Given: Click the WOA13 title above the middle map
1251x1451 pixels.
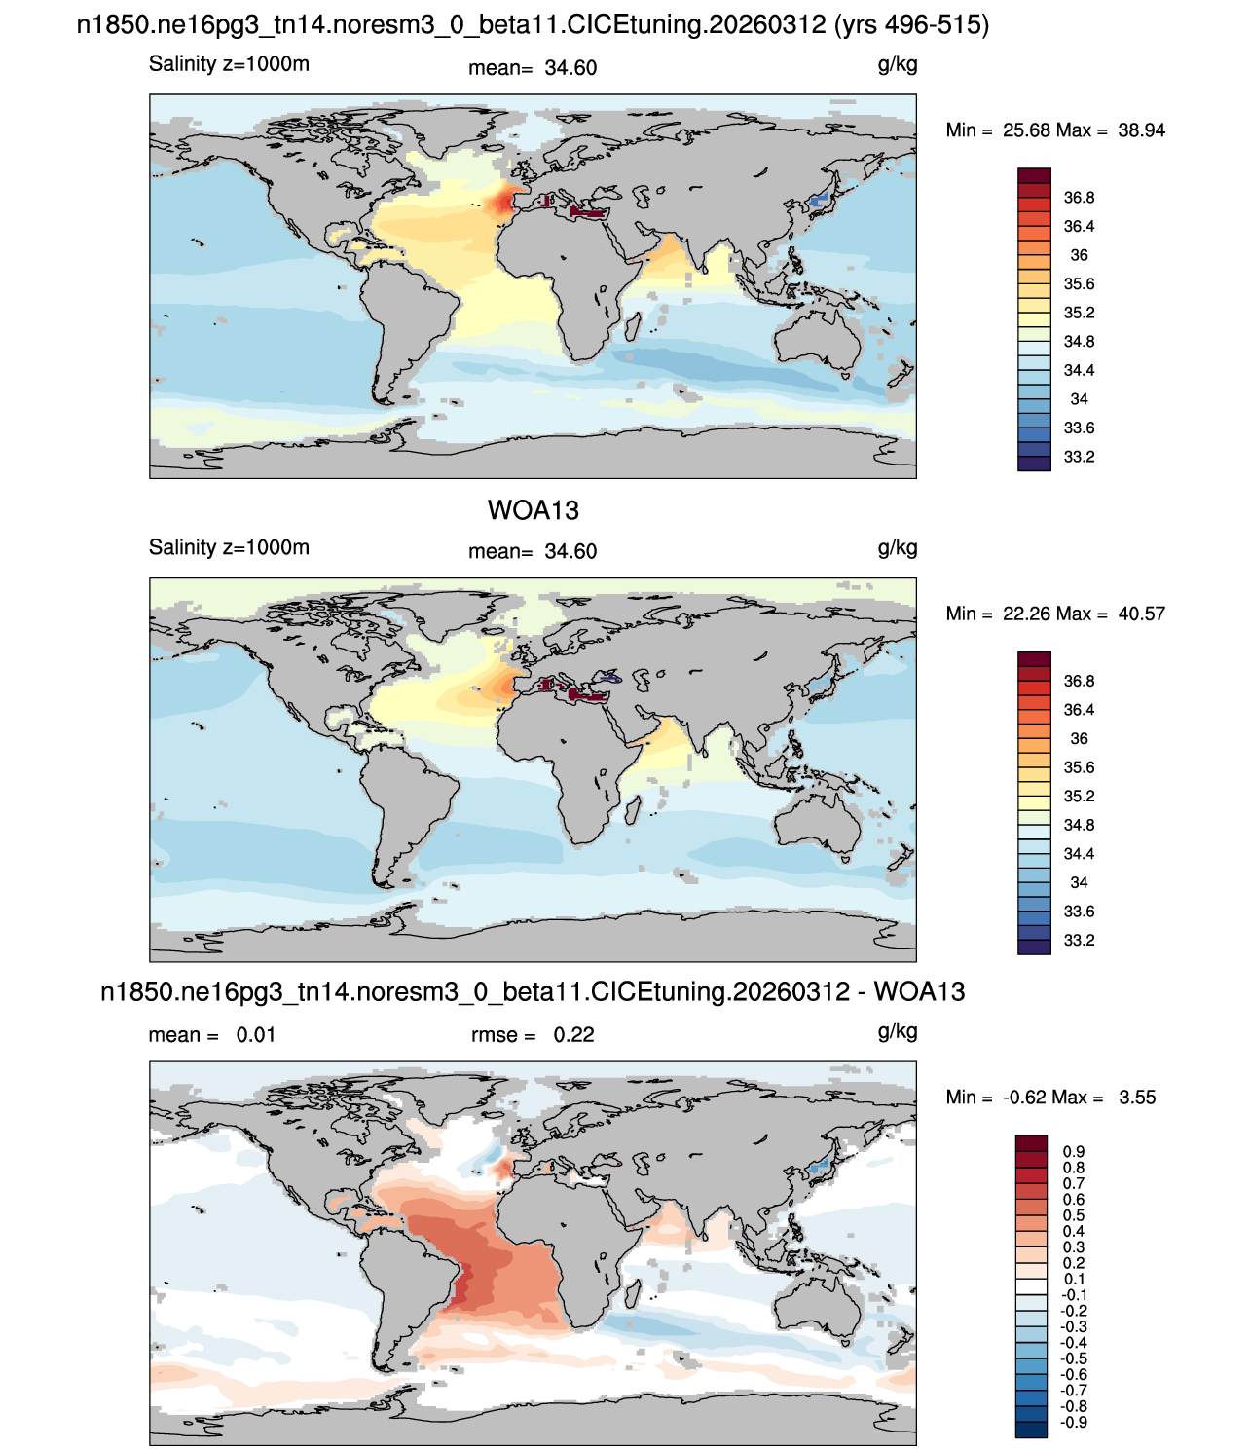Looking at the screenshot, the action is coord(533,510).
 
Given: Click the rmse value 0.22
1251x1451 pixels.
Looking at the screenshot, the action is coord(573,1035).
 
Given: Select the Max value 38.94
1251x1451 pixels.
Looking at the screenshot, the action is coord(1141,130).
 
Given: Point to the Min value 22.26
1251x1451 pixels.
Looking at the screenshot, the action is coord(1026,614).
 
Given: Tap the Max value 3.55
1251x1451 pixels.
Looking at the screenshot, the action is coord(1137,1098).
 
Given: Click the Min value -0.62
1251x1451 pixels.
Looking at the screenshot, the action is coord(1026,1098).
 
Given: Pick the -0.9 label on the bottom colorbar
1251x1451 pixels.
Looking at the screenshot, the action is coord(1073,1422).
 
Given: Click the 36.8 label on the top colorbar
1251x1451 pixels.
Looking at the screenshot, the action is coord(1079,198).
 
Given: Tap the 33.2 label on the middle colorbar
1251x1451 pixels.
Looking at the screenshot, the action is coord(1079,940).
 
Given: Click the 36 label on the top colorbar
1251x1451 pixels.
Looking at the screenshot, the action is coord(1079,255).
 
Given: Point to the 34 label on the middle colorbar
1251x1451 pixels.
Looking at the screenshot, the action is coord(1079,882).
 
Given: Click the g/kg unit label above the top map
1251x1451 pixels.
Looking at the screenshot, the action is coord(898,65).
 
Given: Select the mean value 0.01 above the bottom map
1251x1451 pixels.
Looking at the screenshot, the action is coord(255,1035).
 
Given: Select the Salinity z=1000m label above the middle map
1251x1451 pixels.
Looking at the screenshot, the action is coord(229,547).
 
